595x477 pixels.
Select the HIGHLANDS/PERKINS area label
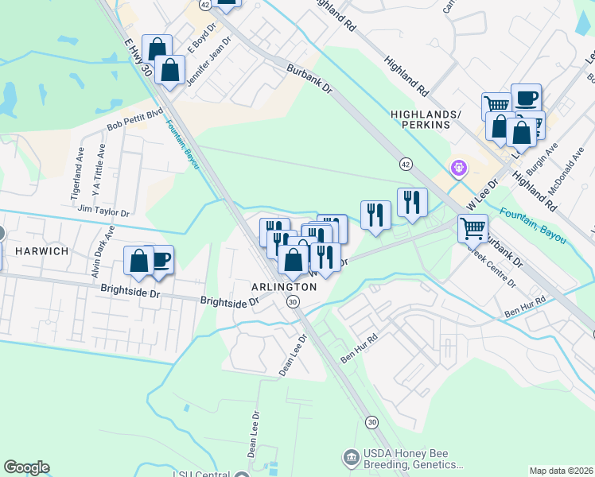[426, 120]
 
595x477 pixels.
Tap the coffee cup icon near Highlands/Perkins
[526, 98]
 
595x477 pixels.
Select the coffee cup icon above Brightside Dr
[160, 260]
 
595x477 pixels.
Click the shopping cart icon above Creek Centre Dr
[472, 228]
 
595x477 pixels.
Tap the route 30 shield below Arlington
[293, 301]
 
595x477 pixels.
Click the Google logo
[26, 467]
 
